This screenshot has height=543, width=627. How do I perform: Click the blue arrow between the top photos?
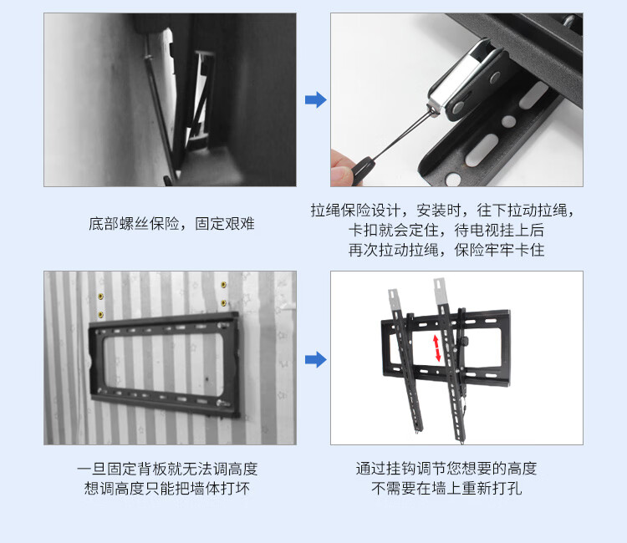tap(316, 100)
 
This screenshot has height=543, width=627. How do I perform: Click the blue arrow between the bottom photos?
tap(316, 359)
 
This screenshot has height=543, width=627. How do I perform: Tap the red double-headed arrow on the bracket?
tap(436, 348)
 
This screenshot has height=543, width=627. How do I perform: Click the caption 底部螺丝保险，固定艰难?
tap(171, 224)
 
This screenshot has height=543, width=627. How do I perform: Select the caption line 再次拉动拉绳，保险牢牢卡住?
tap(446, 250)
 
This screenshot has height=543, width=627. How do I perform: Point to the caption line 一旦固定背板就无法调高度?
tap(167, 469)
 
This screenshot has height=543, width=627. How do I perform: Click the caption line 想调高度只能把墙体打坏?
tap(167, 488)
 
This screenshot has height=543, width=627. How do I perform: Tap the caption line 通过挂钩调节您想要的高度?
tap(446, 469)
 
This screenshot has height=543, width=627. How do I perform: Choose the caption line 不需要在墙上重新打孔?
tap(446, 488)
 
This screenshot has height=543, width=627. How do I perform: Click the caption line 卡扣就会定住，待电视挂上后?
tap(446, 230)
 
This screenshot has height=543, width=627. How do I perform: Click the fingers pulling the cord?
tap(342, 168)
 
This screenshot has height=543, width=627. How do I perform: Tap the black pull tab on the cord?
tap(361, 170)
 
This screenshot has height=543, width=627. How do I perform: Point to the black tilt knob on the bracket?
tap(465, 342)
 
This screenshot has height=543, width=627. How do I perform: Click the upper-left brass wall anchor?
tap(101, 296)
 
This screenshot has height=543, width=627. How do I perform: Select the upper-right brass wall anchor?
tap(223, 285)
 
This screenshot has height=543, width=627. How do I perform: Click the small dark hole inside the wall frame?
tap(206, 378)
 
